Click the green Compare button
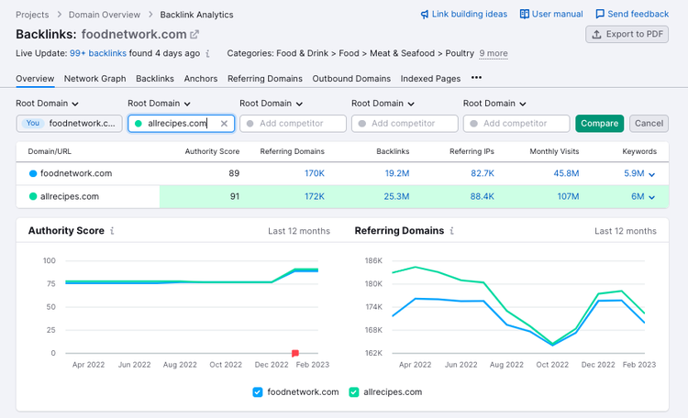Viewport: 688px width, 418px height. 599,123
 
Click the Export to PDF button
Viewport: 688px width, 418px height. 627,34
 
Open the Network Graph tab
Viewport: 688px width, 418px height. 94,79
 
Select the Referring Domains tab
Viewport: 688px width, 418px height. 264,79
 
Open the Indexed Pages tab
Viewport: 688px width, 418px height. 430,79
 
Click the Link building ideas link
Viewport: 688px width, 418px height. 464,14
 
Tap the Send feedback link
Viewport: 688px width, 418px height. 632,14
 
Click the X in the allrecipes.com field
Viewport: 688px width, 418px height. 224,124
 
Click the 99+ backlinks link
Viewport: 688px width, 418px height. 98,53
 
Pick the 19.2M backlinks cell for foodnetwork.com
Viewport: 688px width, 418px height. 397,173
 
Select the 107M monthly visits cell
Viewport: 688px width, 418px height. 568,196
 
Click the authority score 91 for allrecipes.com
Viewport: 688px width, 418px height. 235,196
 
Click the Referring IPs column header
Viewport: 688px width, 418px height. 472,151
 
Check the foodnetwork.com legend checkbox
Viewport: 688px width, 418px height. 258,392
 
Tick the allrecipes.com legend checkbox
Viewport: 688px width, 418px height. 354,392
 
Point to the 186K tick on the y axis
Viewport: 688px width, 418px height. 373,260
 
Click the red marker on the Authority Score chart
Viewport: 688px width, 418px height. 295,353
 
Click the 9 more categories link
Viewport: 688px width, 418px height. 494,53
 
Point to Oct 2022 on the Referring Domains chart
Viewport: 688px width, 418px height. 552,365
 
